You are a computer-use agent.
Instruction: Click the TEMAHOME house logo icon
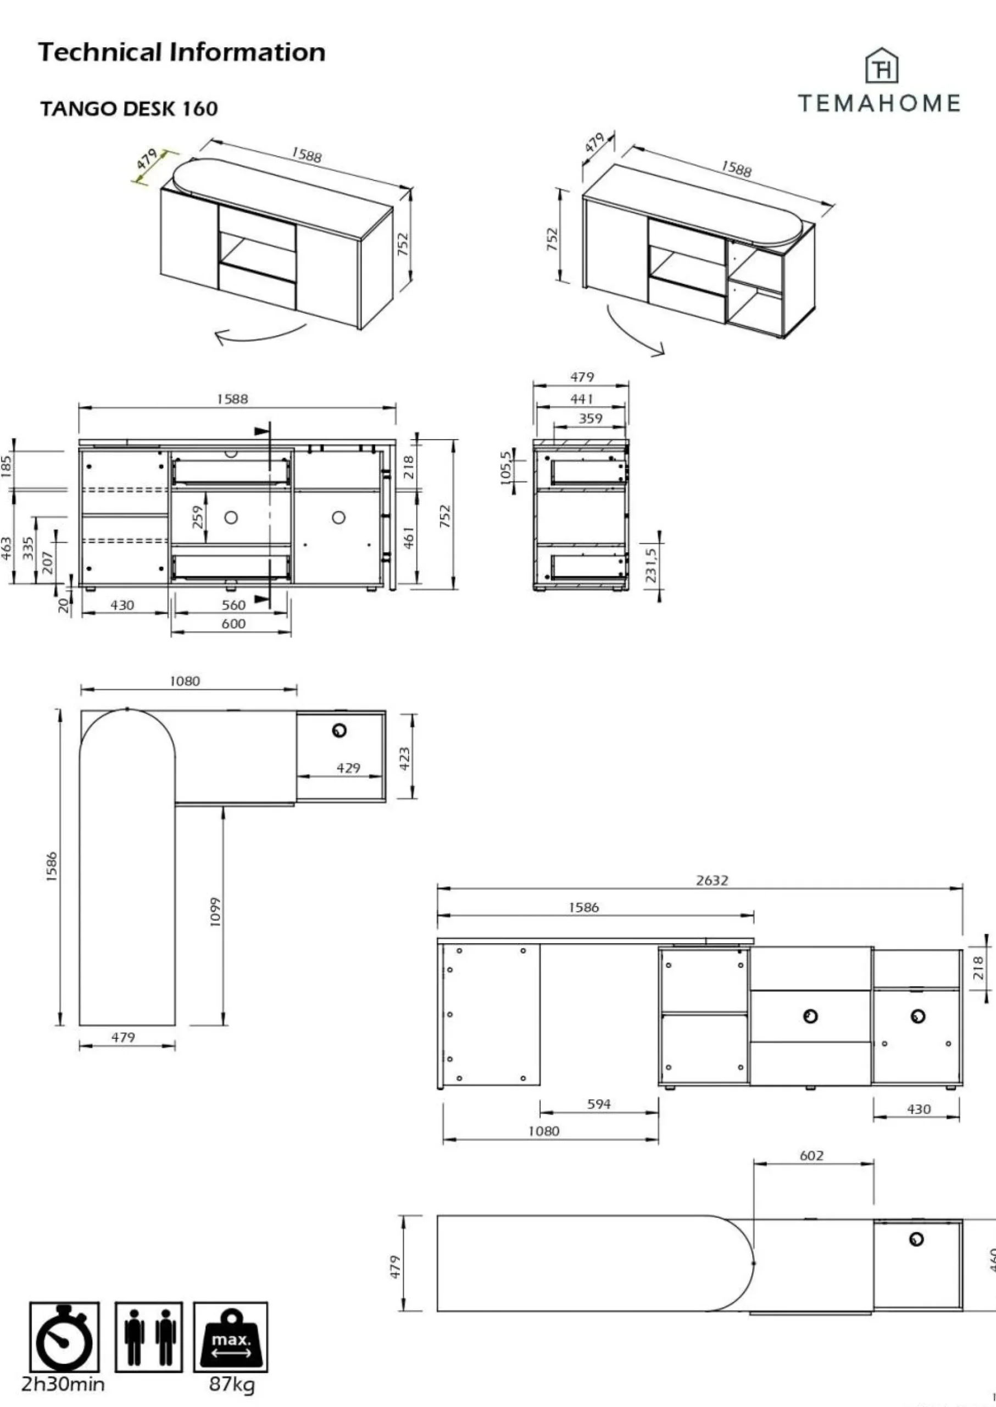(x=881, y=67)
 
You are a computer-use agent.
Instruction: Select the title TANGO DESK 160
(x=129, y=109)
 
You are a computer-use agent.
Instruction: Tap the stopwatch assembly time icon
(x=64, y=1337)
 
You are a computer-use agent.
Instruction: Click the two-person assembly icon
(x=148, y=1337)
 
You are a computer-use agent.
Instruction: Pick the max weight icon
(x=231, y=1337)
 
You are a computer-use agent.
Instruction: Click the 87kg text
(x=231, y=1384)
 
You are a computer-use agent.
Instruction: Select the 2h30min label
(x=63, y=1384)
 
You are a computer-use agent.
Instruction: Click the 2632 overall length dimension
(x=711, y=880)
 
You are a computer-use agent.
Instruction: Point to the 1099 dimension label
(x=215, y=912)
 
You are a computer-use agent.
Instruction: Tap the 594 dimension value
(x=599, y=1105)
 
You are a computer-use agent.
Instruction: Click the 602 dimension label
(x=811, y=1156)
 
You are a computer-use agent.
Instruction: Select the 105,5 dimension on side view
(x=505, y=468)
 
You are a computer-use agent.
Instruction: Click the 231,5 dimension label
(x=650, y=564)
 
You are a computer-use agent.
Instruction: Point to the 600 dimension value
(x=233, y=624)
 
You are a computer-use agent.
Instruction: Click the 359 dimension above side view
(x=591, y=418)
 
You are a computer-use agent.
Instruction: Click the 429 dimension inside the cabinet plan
(x=348, y=768)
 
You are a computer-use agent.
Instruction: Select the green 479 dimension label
(x=147, y=159)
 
